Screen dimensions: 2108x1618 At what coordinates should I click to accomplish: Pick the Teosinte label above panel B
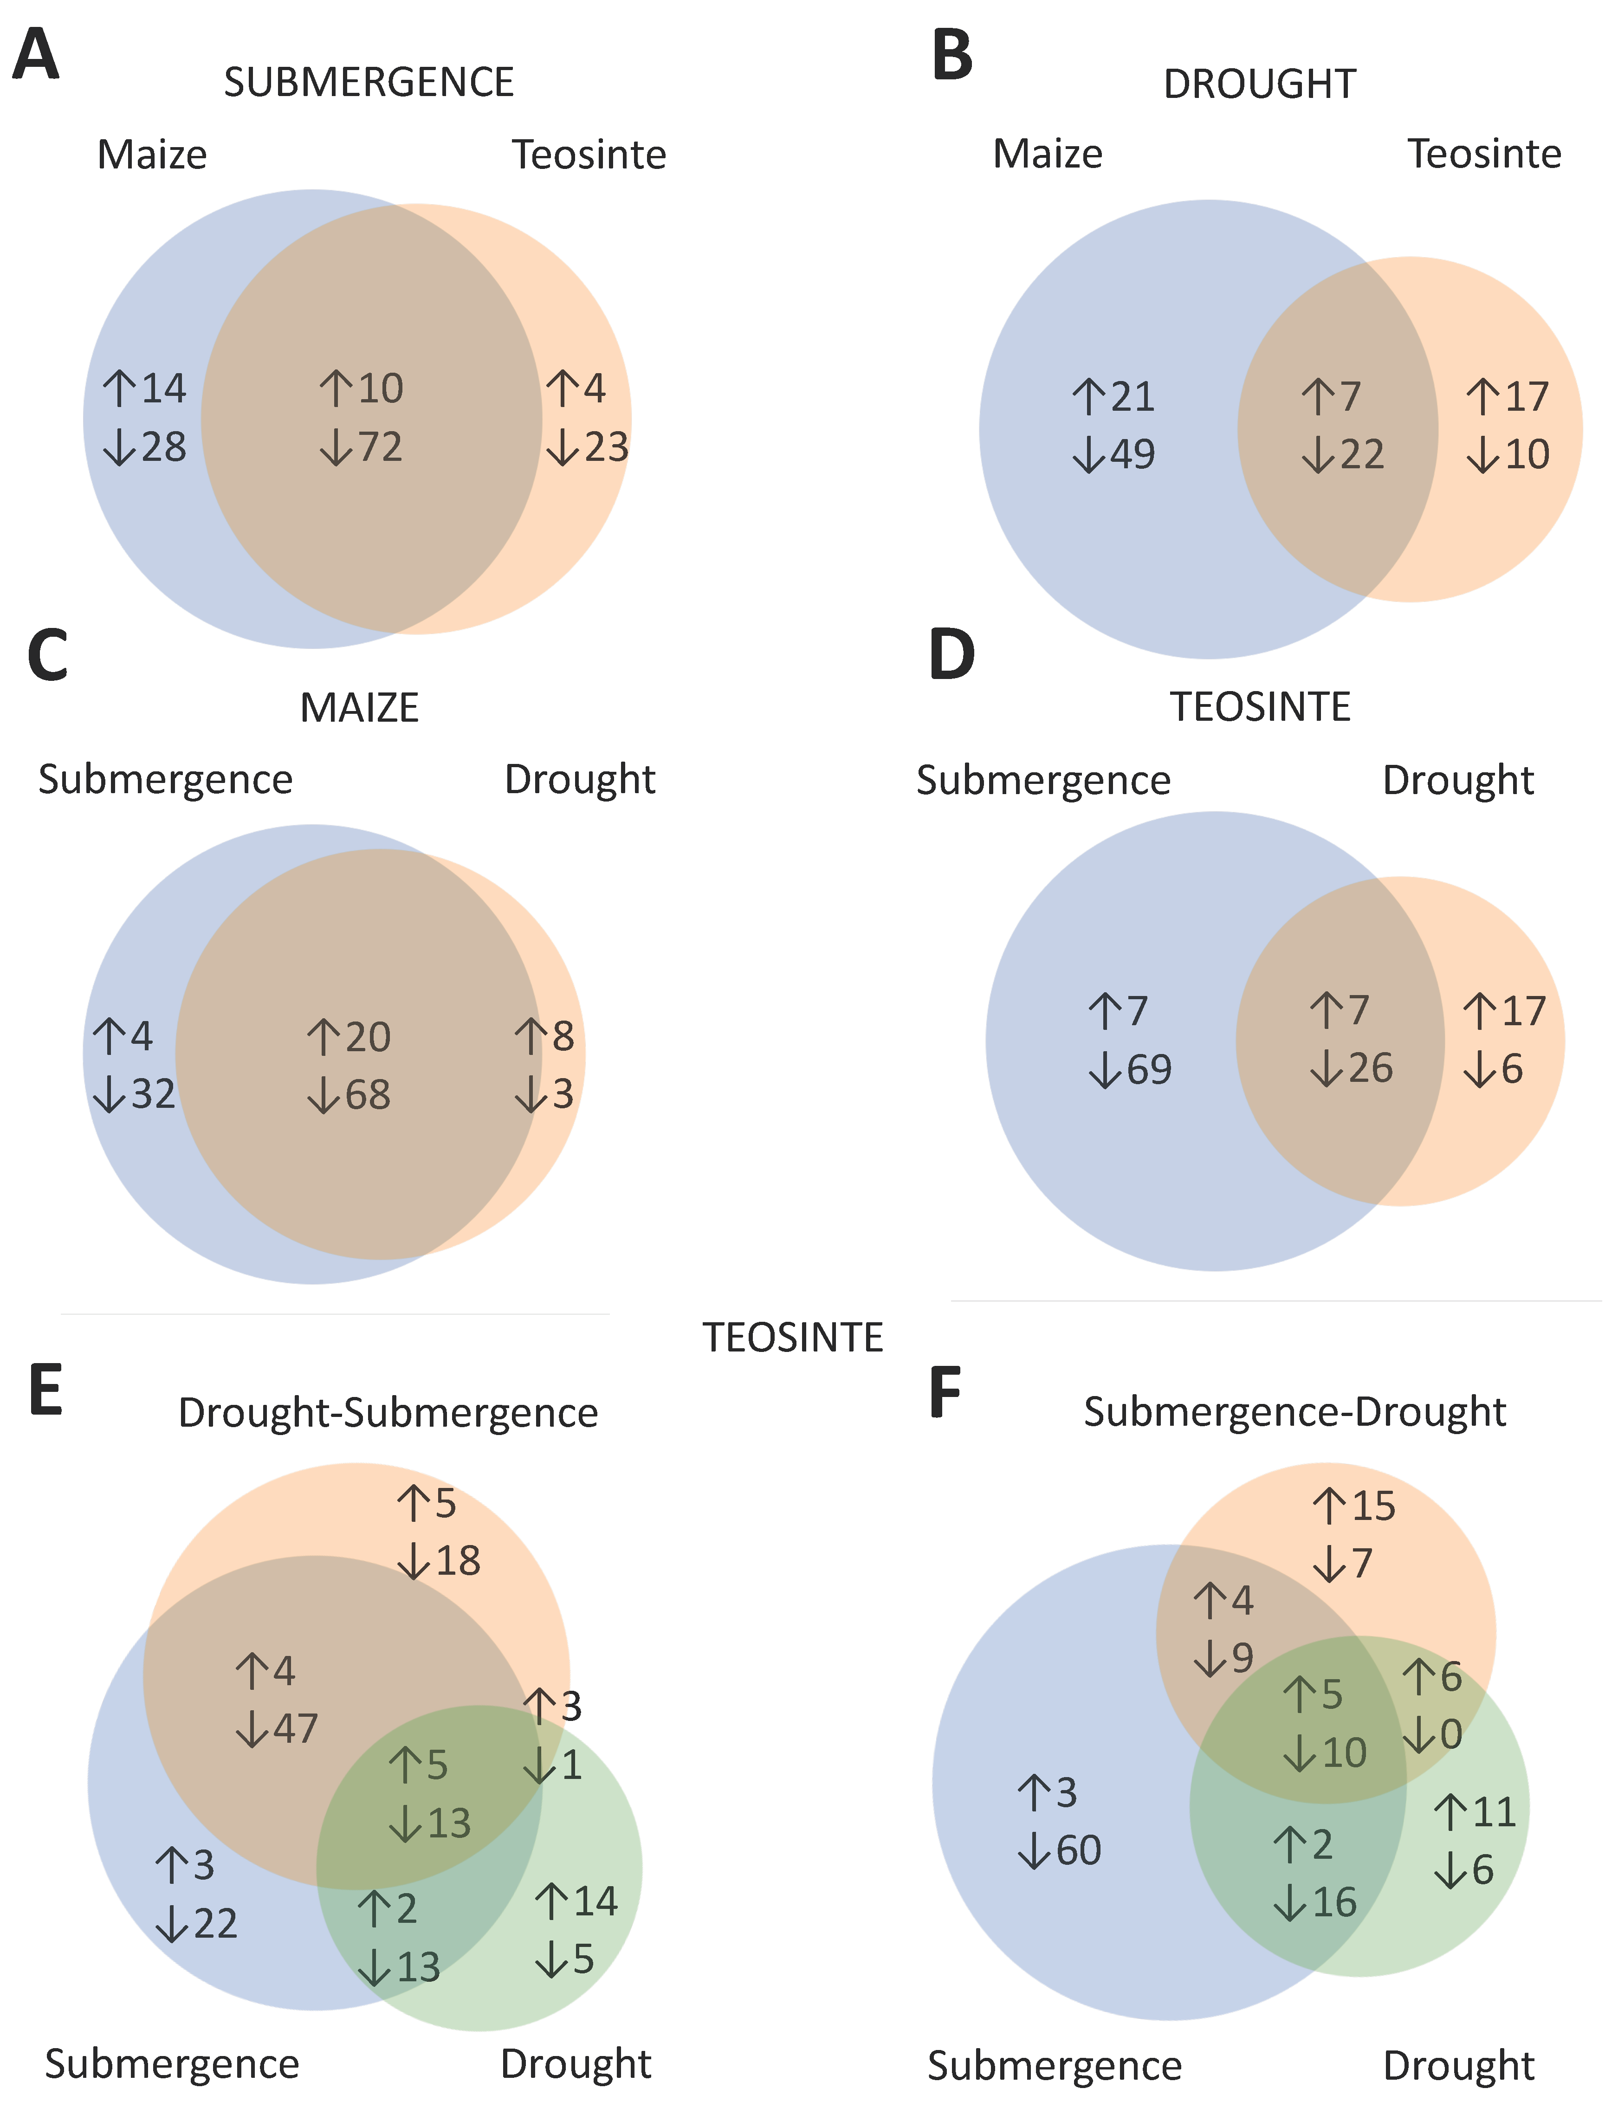pyautogui.click(x=1484, y=154)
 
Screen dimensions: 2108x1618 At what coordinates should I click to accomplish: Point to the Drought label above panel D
pyautogui.click(x=1457, y=780)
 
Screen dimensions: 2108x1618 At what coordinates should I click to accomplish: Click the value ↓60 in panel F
pyautogui.click(x=1059, y=1851)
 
